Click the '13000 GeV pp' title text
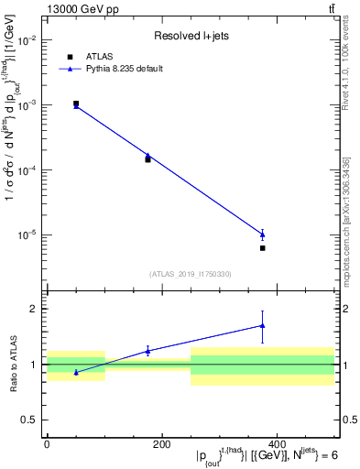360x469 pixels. pyautogui.click(x=75, y=8)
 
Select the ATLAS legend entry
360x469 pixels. pyautogui.click(x=98, y=56)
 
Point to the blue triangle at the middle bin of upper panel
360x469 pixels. pyautogui.click(x=147, y=156)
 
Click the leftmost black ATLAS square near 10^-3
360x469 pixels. pyautogui.click(x=76, y=104)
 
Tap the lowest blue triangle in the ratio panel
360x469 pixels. pyautogui.click(x=76, y=372)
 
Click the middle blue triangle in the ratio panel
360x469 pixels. pyautogui.click(x=147, y=351)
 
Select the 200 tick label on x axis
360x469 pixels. pyautogui.click(x=161, y=444)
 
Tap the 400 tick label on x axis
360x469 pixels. pyautogui.click(x=277, y=444)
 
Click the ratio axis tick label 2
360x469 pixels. pyautogui.click(x=34, y=309)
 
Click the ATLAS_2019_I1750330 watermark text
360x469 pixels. pyautogui.click(x=190, y=274)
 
